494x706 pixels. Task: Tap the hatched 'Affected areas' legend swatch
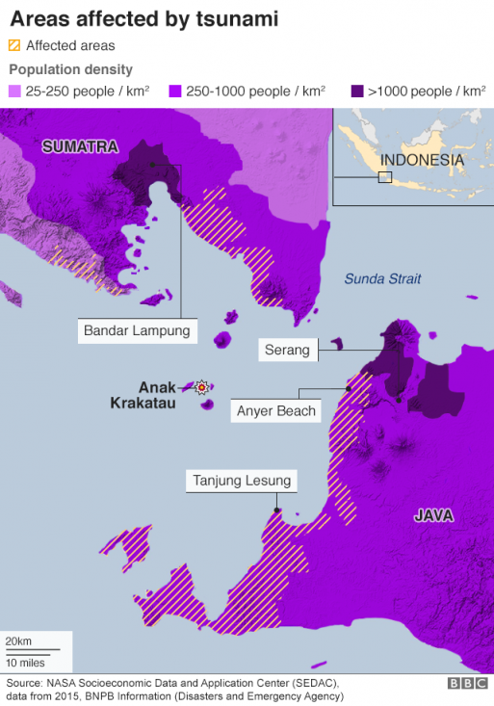(x=14, y=45)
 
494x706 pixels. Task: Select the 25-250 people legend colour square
(x=14, y=92)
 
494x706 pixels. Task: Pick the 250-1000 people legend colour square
(x=176, y=92)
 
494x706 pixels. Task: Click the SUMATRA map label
(x=79, y=146)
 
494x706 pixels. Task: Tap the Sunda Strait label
(x=382, y=279)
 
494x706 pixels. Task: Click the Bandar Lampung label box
(x=137, y=332)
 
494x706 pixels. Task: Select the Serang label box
(x=288, y=351)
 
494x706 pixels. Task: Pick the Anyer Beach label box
(x=276, y=411)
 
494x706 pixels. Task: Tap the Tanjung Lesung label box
(x=241, y=481)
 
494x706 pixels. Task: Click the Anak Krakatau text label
(x=143, y=395)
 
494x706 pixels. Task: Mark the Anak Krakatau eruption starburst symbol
(x=201, y=387)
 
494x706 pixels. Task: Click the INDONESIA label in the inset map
(x=422, y=160)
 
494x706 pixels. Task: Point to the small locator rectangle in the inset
(x=385, y=177)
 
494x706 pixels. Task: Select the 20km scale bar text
(x=17, y=641)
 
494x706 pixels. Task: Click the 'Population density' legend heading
(x=70, y=69)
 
